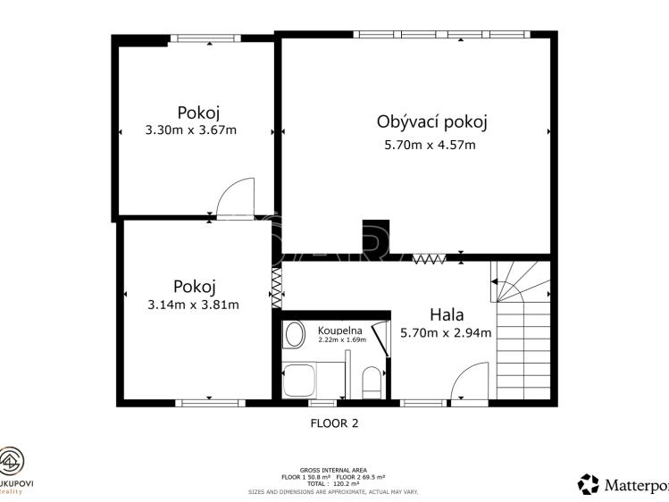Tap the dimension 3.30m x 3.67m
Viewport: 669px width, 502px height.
tap(190, 130)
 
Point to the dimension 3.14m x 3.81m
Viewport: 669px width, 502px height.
tap(193, 305)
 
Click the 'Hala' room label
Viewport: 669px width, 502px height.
tap(447, 314)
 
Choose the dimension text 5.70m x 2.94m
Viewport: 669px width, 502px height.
tap(447, 333)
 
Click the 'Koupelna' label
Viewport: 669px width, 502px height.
tap(340, 330)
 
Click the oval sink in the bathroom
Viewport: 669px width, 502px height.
tap(293, 337)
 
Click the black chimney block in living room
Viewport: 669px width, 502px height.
tap(374, 237)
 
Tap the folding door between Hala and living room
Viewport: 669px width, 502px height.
tap(430, 259)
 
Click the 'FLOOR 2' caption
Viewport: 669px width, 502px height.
tap(334, 423)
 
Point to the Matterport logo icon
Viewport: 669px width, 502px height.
tap(589, 484)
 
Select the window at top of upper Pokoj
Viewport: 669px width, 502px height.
tap(205, 38)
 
